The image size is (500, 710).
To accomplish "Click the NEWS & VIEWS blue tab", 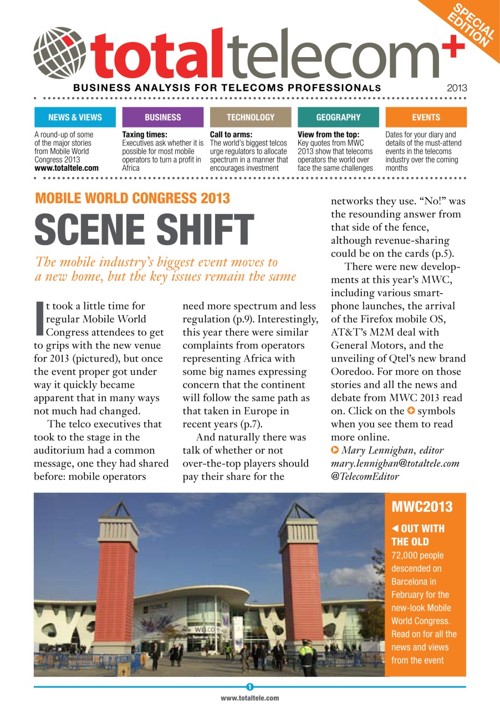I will point(75,117).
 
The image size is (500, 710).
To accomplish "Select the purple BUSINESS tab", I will point(162,117).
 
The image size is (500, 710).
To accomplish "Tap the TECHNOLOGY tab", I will point(251,117).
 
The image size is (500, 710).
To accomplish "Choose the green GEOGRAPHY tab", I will point(338,117).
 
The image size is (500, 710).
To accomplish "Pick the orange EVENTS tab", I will point(426,117).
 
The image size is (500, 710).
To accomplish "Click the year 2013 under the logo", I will point(457,88).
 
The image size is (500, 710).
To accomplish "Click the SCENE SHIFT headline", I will point(144,229).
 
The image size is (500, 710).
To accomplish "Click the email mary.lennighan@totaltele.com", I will point(395,463).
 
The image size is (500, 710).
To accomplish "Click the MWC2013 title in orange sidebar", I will point(422,506).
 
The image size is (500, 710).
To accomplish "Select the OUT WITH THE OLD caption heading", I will point(418,535).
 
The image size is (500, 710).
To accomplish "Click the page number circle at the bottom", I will point(250,687).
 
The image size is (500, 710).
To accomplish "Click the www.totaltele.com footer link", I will point(250,698).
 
